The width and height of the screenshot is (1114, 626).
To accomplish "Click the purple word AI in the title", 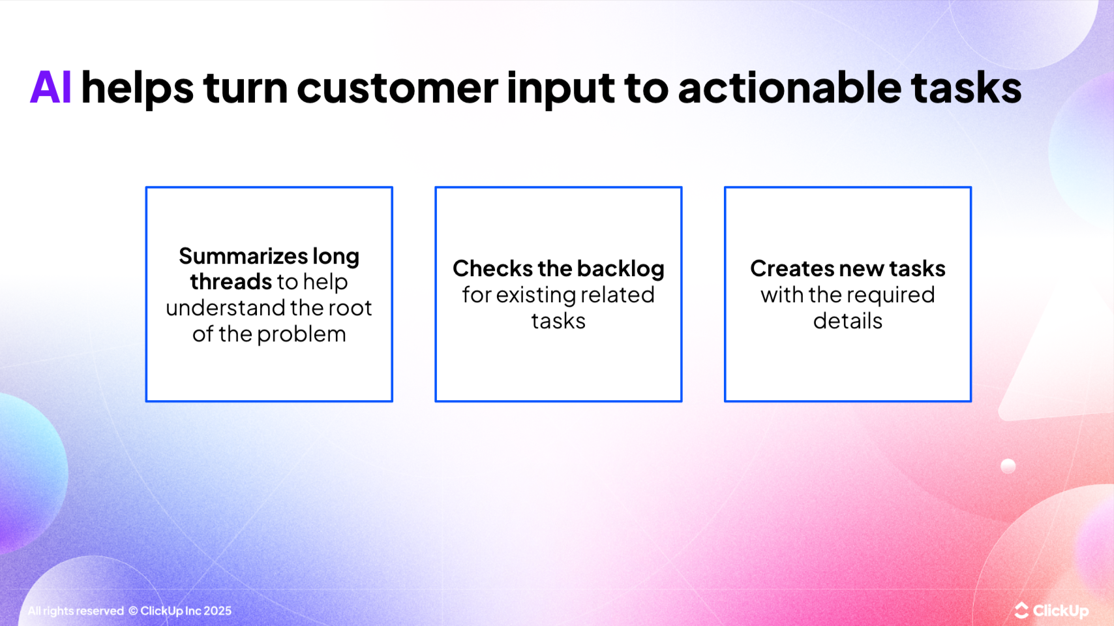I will tap(50, 87).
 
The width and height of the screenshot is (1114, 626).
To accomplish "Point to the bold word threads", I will tap(231, 282).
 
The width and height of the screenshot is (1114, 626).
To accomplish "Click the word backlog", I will tap(620, 270).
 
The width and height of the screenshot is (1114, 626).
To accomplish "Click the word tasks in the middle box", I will tap(558, 321).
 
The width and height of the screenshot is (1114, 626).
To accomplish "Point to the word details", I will tap(847, 321).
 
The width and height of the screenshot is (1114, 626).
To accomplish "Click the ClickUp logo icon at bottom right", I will tap(1021, 611).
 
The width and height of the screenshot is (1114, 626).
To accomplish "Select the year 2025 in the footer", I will tap(217, 611).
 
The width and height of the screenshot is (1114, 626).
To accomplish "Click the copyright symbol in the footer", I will tap(133, 611).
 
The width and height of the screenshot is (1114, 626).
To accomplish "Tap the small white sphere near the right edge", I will tap(1008, 465).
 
